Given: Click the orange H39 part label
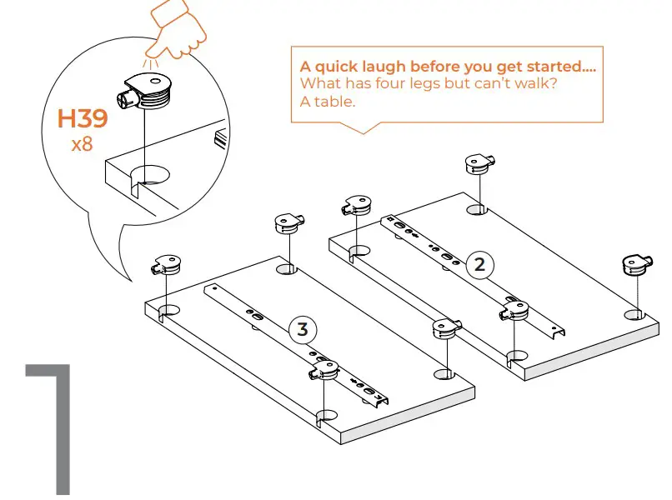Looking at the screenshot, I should (x=82, y=119).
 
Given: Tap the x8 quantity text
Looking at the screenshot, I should (x=82, y=144).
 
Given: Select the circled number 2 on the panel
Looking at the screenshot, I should (x=479, y=265).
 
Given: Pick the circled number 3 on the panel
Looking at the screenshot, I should (x=303, y=328).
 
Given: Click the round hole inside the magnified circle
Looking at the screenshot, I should (x=149, y=176).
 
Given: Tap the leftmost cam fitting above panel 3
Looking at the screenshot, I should (x=164, y=264).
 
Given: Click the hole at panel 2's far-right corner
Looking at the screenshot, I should (x=635, y=314).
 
